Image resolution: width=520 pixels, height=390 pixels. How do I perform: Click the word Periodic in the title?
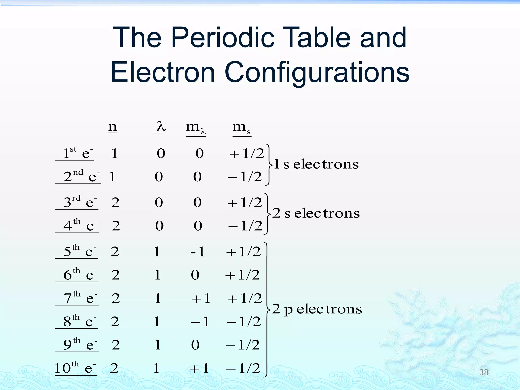223,38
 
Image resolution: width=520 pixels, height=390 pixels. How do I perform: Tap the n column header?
112,127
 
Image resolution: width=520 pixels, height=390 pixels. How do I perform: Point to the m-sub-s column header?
241,128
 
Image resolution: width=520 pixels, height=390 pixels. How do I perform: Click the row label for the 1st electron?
76,153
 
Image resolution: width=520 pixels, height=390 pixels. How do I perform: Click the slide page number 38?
484,372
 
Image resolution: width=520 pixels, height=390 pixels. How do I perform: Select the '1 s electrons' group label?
316,164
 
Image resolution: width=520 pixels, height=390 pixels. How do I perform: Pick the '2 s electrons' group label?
316,213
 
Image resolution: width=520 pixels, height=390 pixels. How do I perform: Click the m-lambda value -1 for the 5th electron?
198,252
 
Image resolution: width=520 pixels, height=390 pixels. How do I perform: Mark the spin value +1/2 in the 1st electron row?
247,153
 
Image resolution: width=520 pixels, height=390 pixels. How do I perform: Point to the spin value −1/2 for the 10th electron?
243,368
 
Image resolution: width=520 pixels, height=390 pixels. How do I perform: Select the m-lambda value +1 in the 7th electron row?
201,298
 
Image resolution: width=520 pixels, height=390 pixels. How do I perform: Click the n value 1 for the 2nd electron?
112,177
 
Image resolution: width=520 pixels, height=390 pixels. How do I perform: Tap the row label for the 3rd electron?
79,202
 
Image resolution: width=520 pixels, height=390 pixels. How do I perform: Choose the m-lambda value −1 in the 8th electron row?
200,322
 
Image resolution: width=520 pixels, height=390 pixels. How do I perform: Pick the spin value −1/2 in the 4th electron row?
245,226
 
